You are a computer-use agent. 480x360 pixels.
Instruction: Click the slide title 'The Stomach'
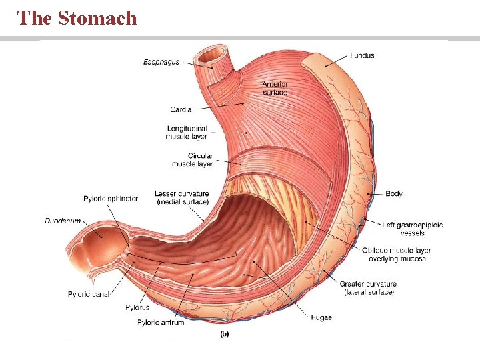77,18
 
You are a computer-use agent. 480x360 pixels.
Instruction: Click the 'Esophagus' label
161,62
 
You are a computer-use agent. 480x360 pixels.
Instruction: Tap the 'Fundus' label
362,55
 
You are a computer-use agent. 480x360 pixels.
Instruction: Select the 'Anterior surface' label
275,88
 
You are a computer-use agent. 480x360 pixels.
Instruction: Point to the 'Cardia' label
181,109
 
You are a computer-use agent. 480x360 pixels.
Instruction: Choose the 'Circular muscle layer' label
192,159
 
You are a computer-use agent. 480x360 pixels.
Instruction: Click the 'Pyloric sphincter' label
111,199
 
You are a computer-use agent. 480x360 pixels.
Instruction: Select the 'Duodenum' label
63,220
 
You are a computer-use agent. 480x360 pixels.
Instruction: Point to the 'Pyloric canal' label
89,293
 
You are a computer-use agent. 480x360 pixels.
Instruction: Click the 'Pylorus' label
137,307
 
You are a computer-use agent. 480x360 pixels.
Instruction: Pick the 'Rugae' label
321,317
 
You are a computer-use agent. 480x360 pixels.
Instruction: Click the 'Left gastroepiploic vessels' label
413,229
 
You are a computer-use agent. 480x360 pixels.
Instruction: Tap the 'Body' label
394,193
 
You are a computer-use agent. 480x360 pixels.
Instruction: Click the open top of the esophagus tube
213,54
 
